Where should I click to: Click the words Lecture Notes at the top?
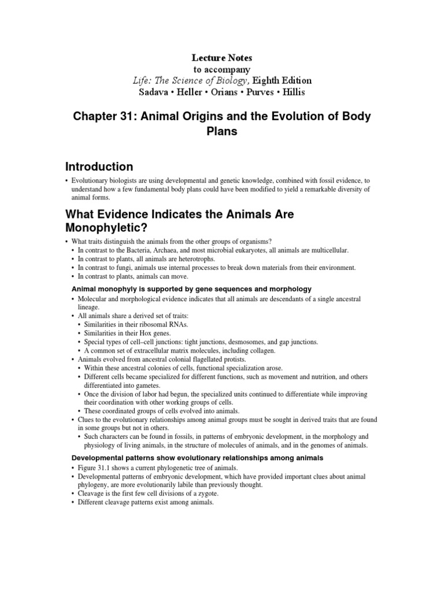click(222, 58)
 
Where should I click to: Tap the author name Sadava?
click(154, 92)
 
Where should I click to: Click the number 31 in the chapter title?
click(129, 116)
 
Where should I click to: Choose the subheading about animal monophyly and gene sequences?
click(191, 288)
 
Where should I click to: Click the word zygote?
click(203, 494)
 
